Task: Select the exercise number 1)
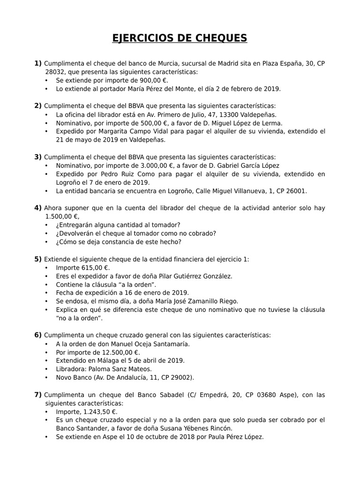point(38,63)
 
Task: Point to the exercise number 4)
point(38,208)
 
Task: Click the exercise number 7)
point(38,395)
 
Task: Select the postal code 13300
point(231,114)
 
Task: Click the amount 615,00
point(91,268)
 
